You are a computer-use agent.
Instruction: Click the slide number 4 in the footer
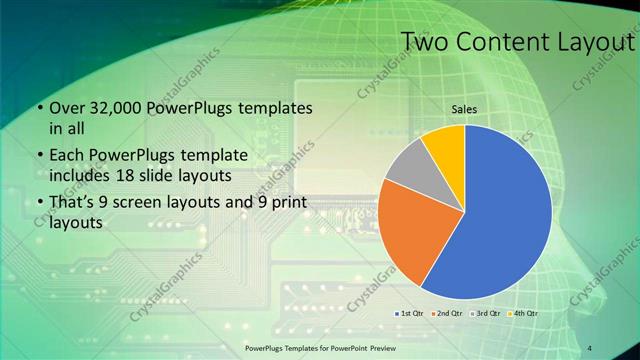[x=590, y=347]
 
